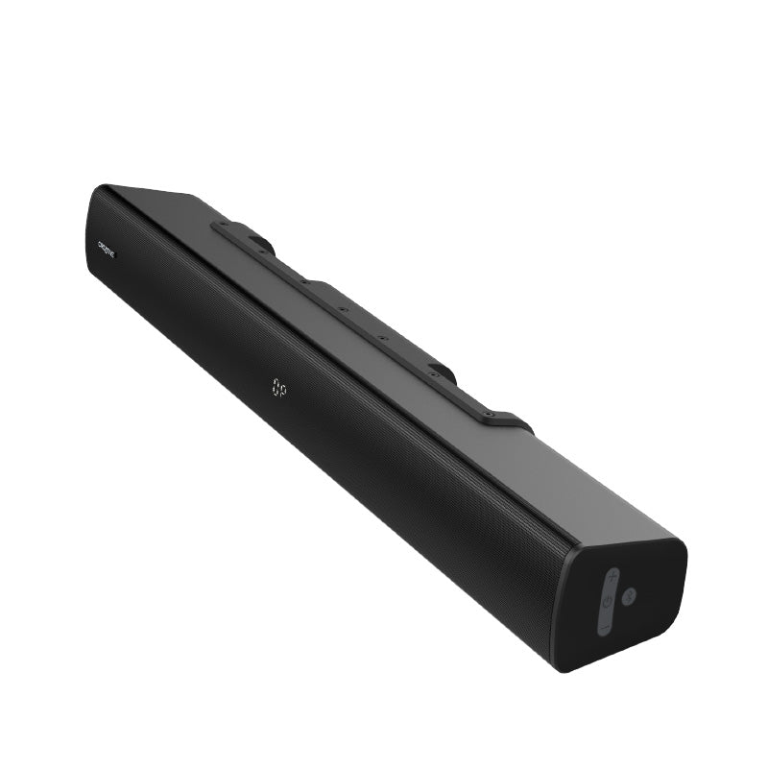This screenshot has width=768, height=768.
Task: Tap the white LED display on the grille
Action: click(278, 388)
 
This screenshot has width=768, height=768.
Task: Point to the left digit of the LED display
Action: click(274, 385)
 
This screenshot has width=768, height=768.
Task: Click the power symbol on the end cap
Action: click(607, 603)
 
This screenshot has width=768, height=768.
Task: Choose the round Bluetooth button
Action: click(629, 596)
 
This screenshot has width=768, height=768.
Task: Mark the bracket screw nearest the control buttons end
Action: click(491, 415)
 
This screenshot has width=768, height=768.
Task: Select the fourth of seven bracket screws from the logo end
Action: click(342, 310)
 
